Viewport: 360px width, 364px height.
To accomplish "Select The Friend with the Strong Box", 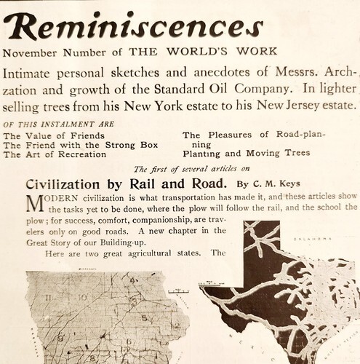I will click(x=75, y=145).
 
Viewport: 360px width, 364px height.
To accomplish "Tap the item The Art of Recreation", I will click(x=52, y=154).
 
